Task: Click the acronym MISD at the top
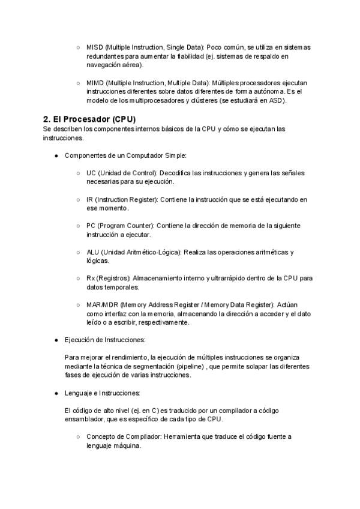pyautogui.click(x=94, y=47)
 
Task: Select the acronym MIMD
pyautogui.click(x=95, y=82)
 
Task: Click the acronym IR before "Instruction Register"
pyautogui.click(x=89, y=199)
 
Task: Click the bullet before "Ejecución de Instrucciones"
pyautogui.click(x=56, y=340)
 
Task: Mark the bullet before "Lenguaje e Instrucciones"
pyautogui.click(x=56, y=393)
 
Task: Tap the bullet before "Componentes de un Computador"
pyautogui.click(x=56, y=155)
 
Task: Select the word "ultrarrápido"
pyautogui.click(x=222, y=279)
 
